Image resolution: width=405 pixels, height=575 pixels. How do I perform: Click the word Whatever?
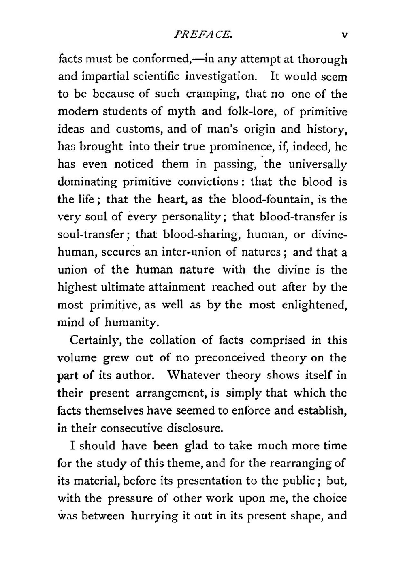[194, 375]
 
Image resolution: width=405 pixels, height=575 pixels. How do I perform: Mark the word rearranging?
[313, 463]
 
